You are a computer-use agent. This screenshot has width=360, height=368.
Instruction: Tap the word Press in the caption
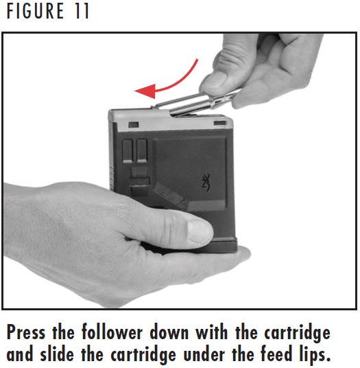coord(28,333)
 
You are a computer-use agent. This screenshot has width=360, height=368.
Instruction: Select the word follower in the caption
coord(114,333)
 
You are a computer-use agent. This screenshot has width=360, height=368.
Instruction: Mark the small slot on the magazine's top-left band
coord(132,124)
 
